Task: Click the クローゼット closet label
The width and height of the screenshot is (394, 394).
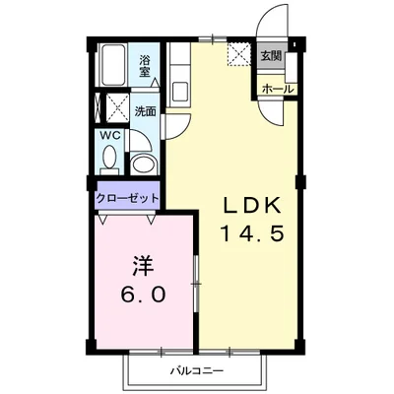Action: click(x=128, y=196)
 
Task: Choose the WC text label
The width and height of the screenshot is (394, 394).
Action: click(x=108, y=137)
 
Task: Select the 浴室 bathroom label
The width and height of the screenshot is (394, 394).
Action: click(x=145, y=66)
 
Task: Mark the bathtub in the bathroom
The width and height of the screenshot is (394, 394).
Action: click(x=114, y=66)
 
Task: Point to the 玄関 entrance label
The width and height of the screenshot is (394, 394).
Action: click(x=270, y=56)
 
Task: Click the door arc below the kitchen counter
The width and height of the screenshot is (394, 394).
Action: click(x=178, y=124)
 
